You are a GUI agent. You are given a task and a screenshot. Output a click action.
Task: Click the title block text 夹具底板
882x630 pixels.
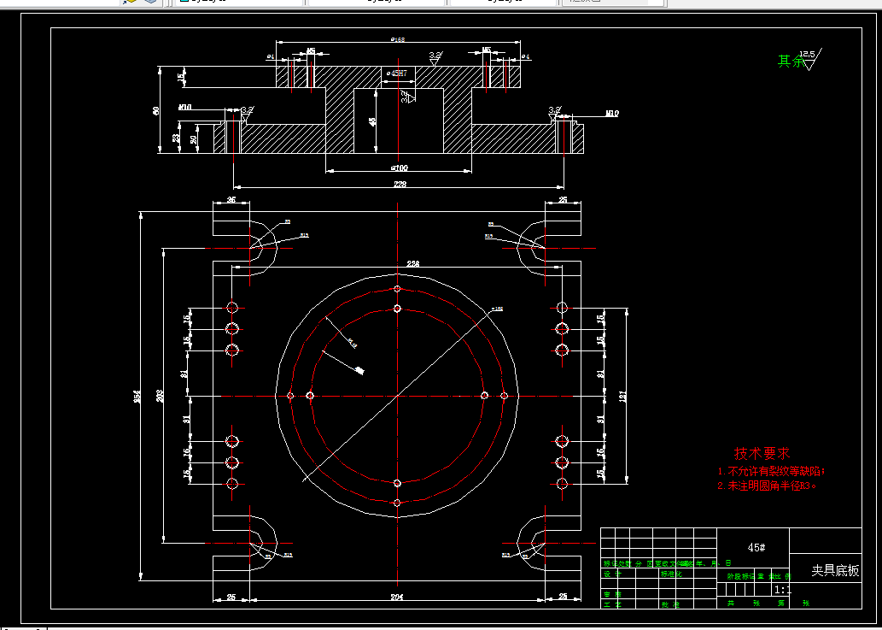[835, 571]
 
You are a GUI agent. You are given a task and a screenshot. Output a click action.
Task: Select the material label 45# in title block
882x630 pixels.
[756, 547]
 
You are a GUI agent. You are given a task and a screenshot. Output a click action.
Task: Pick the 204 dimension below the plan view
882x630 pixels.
[397, 596]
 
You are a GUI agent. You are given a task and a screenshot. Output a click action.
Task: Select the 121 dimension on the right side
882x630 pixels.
[623, 396]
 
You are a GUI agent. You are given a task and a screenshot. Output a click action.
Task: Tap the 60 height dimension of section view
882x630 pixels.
[156, 111]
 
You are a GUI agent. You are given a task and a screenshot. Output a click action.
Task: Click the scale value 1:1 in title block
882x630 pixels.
[780, 590]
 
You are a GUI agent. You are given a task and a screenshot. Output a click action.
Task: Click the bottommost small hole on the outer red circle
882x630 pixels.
[398, 503]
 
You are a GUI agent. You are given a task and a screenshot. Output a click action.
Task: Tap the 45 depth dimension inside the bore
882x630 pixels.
[372, 122]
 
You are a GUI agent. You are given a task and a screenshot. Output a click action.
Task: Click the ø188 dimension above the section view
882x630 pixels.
[397, 40]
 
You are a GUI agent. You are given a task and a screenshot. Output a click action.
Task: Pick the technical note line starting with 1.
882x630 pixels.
[771, 471]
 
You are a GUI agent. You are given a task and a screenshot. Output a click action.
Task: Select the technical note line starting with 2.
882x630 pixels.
[767, 486]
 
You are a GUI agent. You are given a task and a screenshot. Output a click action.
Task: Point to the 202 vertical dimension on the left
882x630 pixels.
[161, 396]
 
